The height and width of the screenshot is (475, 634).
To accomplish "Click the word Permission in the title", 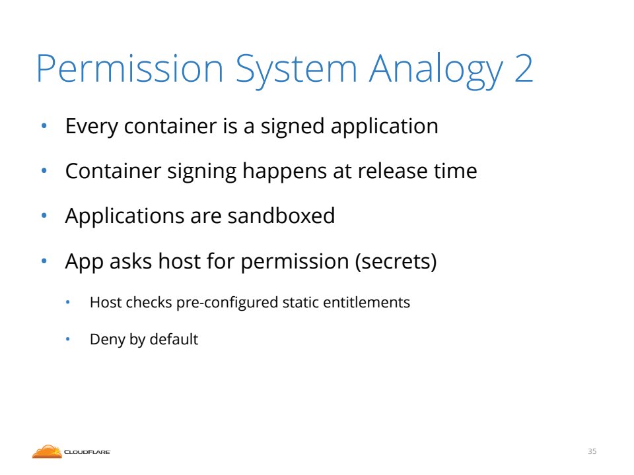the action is coord(130,68).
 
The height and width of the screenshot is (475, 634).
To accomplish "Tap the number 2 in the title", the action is coord(524,68).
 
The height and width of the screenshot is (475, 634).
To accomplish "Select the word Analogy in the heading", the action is coord(436,71).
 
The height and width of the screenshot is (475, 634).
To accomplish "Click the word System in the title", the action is coord(297,71).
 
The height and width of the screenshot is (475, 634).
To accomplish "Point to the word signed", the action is coord(293,127).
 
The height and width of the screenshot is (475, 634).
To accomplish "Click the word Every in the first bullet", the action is coord(92,127).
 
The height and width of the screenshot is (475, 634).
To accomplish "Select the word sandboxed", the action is coord(281,216).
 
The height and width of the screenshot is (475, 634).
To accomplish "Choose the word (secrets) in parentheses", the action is coord(396,262).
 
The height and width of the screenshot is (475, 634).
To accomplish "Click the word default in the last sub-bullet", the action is coord(174,339).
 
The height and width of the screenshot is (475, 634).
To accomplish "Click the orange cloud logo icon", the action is coord(47,451).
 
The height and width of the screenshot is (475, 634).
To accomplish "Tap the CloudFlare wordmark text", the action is coord(87,452).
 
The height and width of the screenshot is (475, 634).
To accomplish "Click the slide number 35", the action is coord(592,451).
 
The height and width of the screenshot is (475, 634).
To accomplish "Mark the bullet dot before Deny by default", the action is coord(68,339).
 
